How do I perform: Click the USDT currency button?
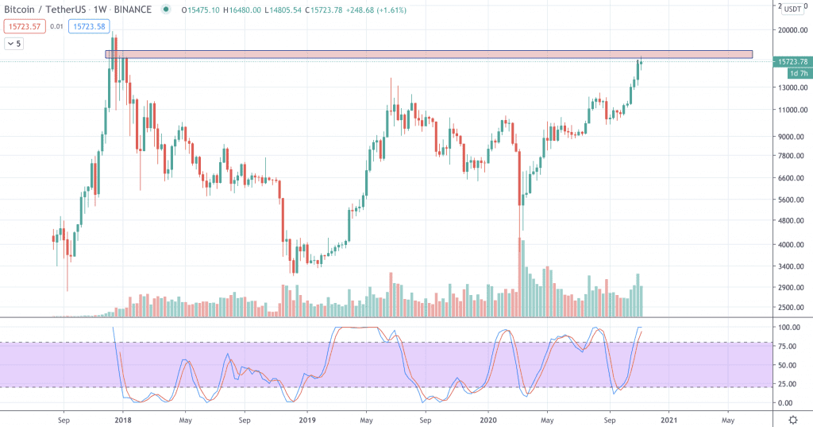(x=792, y=9)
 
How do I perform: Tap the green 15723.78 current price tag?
(x=793, y=62)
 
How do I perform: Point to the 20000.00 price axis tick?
(x=793, y=30)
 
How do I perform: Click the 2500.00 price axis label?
(x=793, y=308)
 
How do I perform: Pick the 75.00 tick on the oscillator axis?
(x=789, y=346)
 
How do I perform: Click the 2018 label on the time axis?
(x=123, y=419)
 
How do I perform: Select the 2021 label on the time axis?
(x=669, y=419)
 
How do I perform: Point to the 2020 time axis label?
(x=488, y=419)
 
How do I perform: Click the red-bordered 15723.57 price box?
(x=23, y=26)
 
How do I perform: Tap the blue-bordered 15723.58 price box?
(x=91, y=26)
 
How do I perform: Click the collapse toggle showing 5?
(x=16, y=44)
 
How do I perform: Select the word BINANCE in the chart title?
(x=133, y=10)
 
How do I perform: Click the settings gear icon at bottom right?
(x=792, y=419)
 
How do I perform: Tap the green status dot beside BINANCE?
(x=165, y=10)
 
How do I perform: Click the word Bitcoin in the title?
(x=21, y=10)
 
